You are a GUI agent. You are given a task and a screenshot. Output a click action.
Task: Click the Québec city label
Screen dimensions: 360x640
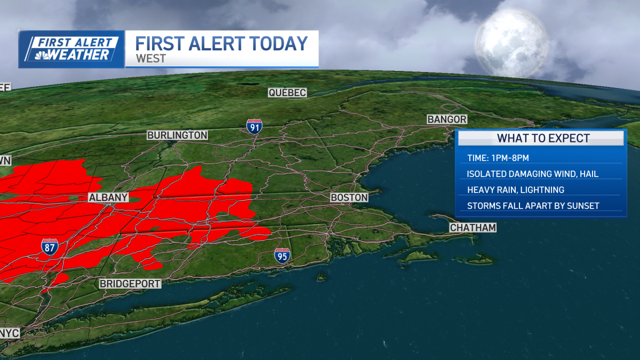[287, 93]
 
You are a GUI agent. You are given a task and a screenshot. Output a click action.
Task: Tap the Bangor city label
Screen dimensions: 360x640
[447, 119]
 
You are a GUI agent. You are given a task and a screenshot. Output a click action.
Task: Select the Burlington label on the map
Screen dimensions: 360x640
[177, 135]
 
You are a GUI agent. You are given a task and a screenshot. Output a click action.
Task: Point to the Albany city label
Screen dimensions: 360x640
[108, 198]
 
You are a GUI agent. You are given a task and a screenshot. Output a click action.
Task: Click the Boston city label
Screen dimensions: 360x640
[349, 198]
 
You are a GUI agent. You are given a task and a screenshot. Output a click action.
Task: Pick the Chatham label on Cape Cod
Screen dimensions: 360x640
[473, 228]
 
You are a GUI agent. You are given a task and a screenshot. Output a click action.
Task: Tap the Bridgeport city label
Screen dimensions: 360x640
[130, 284]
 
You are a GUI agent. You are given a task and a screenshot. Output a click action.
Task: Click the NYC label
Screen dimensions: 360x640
[10, 333]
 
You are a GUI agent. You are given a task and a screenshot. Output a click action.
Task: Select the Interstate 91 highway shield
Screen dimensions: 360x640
[254, 126]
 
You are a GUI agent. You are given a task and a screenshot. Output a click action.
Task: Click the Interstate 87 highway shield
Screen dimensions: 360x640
[49, 246]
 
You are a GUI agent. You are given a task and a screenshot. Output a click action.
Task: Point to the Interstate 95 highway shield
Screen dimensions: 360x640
[283, 255]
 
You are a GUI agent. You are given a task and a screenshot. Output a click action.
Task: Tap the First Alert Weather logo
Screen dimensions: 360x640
[71, 49]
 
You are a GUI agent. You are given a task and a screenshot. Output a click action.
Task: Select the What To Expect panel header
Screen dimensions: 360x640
[543, 139]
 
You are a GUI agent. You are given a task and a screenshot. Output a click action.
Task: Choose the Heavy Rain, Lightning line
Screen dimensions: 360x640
[515, 190]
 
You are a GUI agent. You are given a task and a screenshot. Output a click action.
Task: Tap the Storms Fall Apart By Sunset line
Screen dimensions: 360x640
[532, 206]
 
